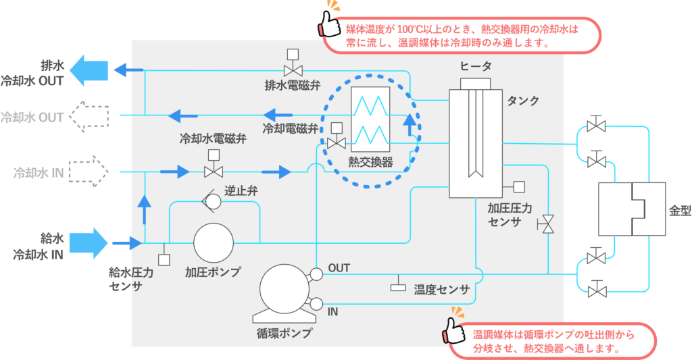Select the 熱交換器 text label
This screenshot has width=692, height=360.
pyautogui.click(x=370, y=162)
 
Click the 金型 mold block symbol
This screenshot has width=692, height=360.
pyautogui.click(x=633, y=209)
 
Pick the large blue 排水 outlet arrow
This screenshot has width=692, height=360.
pyautogui.click(x=89, y=70)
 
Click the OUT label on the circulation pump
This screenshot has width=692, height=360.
pyautogui.click(x=339, y=268)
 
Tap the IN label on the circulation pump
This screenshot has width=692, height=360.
pyautogui.click(x=333, y=312)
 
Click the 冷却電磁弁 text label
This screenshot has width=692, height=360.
pyautogui.click(x=290, y=127)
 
